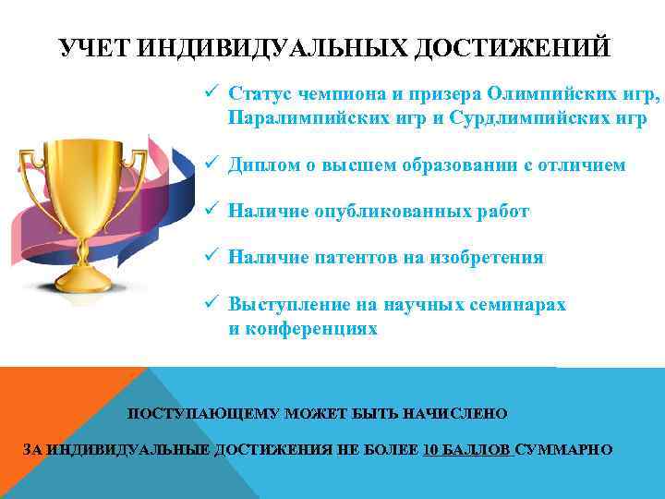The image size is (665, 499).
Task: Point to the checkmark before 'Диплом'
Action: point(212,164)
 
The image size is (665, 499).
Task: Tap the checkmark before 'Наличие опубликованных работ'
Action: point(212,211)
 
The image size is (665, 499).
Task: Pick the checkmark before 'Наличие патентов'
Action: point(212,258)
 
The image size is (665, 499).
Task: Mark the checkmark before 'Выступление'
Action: point(212,304)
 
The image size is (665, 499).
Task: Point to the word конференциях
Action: point(304,329)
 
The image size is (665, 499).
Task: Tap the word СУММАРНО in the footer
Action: point(564,450)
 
